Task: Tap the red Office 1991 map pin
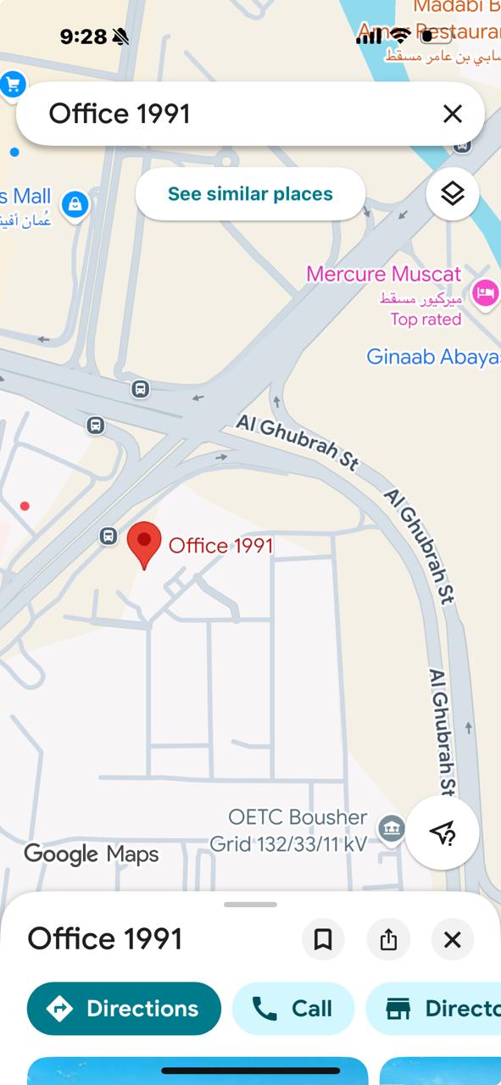[144, 542]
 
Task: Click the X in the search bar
[453, 114]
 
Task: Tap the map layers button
[453, 194]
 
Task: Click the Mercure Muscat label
[383, 275]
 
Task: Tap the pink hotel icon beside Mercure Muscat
[485, 293]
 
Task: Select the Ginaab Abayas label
[433, 357]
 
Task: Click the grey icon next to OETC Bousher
[391, 828]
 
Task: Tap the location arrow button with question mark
[442, 833]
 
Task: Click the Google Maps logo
[92, 854]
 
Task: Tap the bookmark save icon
[323, 939]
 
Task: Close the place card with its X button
[453, 939]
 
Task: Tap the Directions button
[124, 1009]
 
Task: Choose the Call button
[293, 1009]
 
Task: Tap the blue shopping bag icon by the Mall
[75, 203]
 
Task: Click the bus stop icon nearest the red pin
[108, 536]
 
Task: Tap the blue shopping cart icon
[13, 84]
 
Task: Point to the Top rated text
[426, 320]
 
